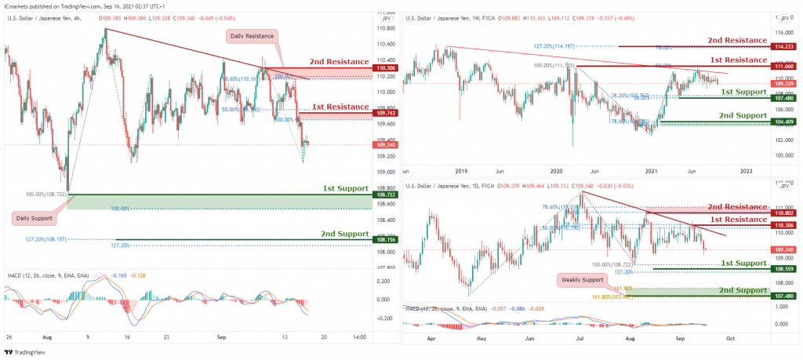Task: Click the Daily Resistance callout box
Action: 252,35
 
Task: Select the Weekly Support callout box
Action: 581,278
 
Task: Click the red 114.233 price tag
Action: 785,47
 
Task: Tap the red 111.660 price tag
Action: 785,67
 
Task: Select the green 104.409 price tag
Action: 785,122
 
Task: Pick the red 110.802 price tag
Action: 785,213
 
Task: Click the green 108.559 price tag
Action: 785,269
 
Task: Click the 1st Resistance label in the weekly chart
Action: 739,60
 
